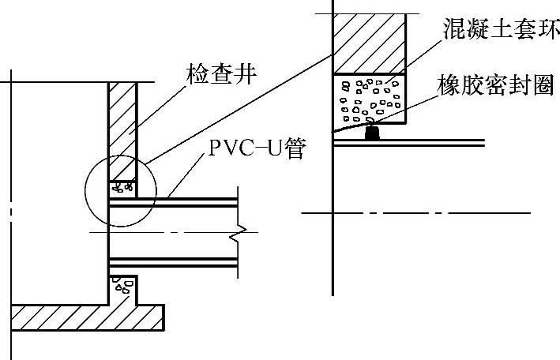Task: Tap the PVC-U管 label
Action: pos(256,148)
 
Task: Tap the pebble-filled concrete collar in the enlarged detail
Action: pos(370,99)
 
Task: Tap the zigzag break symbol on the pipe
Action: pos(239,233)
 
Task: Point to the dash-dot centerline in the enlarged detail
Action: pos(419,212)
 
